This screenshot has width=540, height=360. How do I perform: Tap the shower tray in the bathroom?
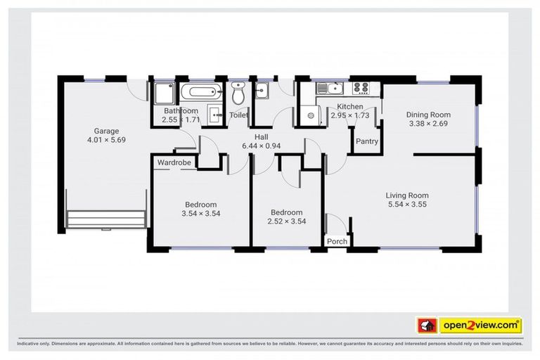point(165,93)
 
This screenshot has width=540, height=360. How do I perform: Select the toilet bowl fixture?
point(238,93)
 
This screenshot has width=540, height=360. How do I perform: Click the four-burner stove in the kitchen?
point(360,89)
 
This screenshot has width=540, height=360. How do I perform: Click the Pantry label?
point(366,141)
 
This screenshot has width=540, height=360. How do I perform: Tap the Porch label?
point(337,241)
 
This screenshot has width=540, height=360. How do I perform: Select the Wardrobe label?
point(174,162)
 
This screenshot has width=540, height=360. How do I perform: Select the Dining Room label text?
point(428,115)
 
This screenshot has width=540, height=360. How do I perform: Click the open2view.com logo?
point(480,325)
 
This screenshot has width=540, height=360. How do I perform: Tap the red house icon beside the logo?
point(426,325)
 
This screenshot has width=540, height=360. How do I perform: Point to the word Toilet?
point(238,115)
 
